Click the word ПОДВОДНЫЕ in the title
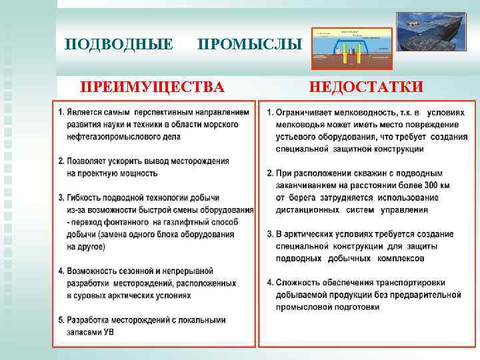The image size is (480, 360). (119, 45)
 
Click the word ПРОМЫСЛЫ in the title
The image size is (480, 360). (250, 45)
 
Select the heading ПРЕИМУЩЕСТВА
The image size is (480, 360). (152, 87)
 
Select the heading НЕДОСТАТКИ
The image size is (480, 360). (365, 87)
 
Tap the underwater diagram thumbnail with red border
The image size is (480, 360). (351, 49)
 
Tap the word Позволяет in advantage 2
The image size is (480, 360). (85, 161)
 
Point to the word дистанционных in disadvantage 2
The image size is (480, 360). (307, 210)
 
